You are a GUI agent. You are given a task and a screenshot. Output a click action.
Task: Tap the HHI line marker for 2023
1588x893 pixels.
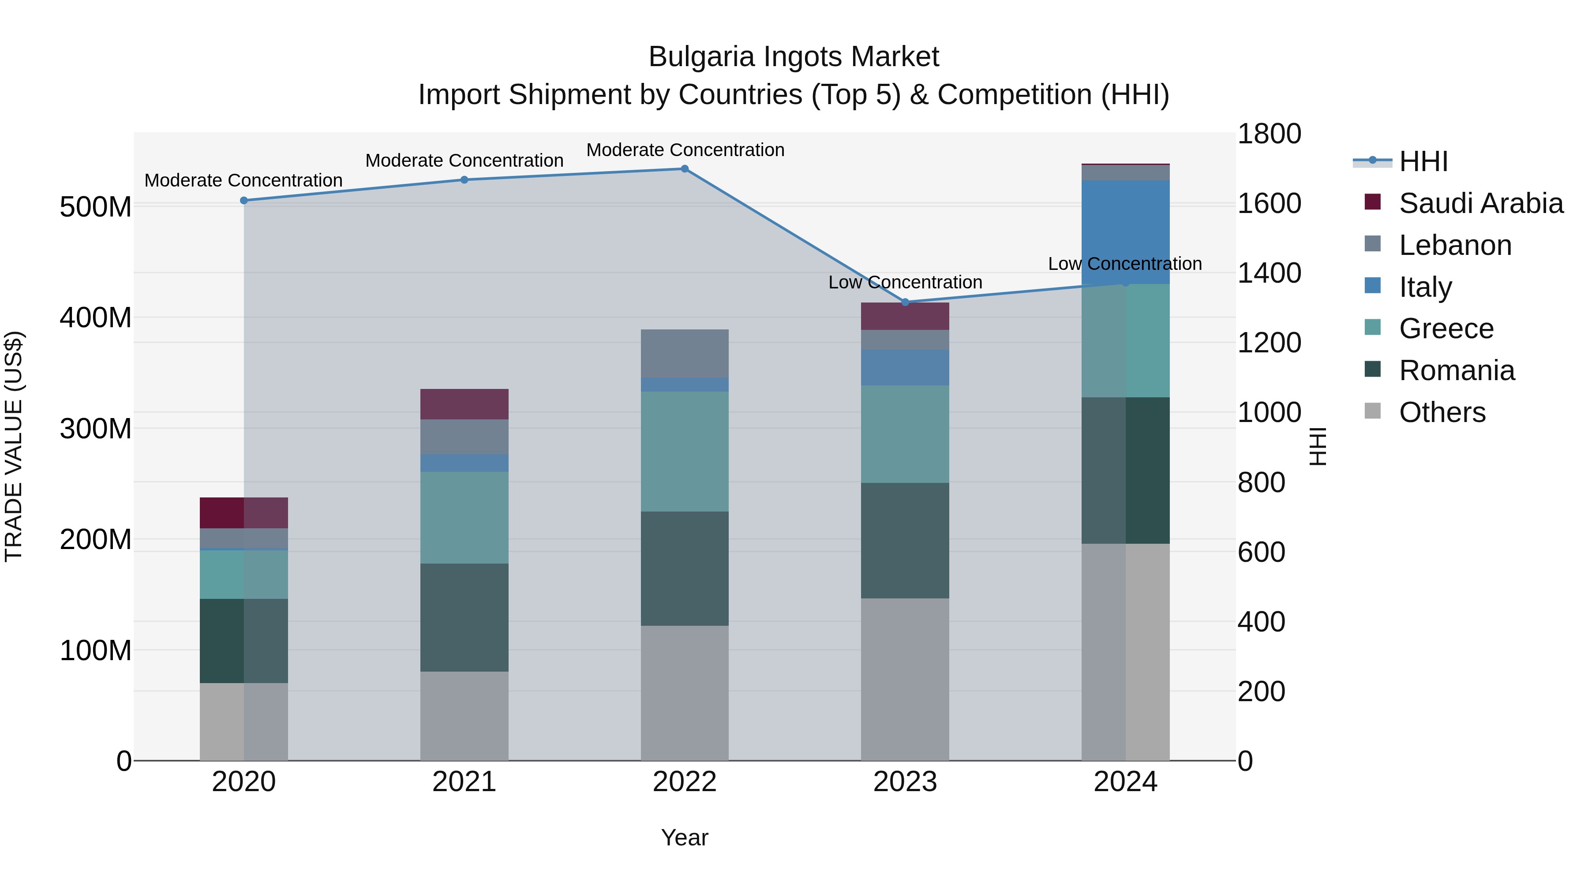click(905, 302)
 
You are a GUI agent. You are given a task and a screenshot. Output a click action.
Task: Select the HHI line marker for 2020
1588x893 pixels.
click(243, 200)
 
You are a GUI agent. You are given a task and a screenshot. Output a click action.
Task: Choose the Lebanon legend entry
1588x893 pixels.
click(1455, 245)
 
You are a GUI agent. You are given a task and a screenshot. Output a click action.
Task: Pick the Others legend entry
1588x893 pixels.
click(1442, 412)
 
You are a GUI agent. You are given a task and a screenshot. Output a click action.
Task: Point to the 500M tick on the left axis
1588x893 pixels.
click(96, 207)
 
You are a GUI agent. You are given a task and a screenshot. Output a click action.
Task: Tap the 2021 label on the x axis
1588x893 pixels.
click(464, 782)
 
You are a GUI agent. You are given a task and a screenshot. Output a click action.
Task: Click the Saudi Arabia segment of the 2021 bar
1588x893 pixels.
click(464, 404)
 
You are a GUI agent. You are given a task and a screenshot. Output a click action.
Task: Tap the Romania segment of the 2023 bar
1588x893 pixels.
click(905, 541)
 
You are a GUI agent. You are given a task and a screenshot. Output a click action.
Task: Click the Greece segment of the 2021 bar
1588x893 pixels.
click(464, 518)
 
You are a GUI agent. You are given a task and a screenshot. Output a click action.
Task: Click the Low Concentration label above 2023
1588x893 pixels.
click(905, 282)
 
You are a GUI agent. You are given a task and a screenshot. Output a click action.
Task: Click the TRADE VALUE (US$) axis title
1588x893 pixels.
click(14, 446)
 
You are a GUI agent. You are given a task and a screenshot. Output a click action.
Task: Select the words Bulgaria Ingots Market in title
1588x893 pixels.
click(794, 57)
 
